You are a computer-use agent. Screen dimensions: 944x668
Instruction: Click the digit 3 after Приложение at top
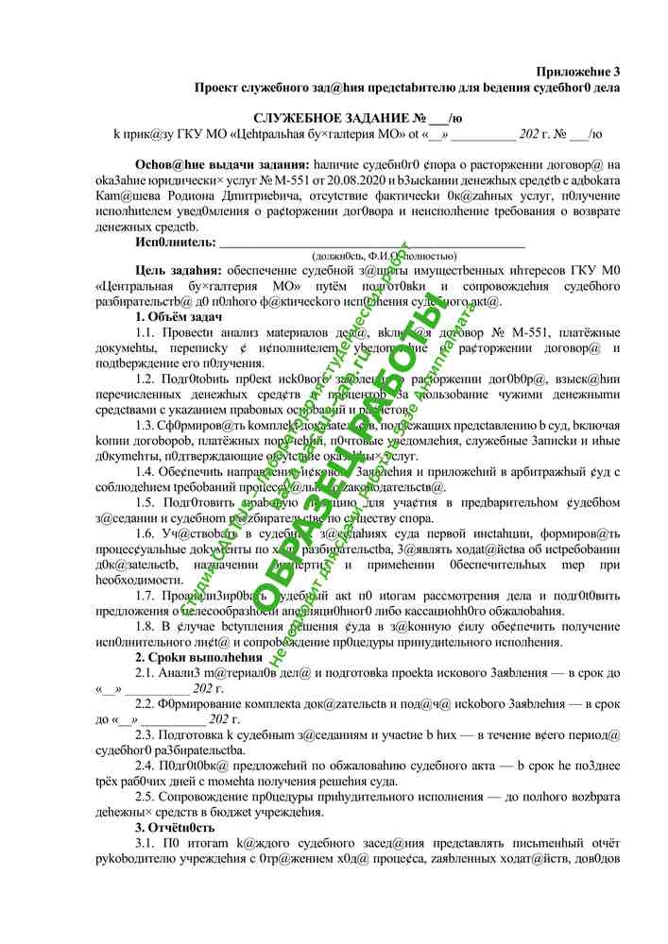(616, 71)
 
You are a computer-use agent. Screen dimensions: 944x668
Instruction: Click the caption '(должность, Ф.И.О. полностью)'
(384, 255)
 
